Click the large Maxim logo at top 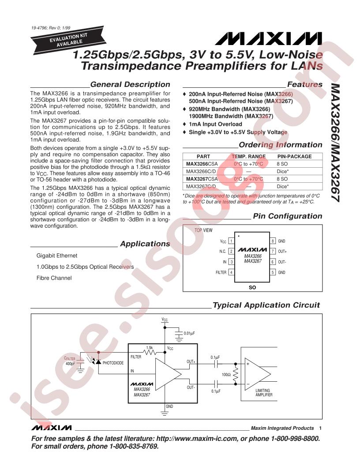(x=269, y=39)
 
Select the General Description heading (x=130, y=84)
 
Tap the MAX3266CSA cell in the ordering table (x=202, y=164)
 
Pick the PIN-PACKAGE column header (x=294, y=156)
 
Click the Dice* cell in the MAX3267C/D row (x=282, y=186)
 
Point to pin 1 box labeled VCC (x=231, y=241)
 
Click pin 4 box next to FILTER (x=231, y=272)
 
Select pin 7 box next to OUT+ (x=273, y=252)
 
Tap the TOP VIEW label (x=203, y=230)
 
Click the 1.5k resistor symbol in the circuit (x=150, y=352)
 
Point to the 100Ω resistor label (x=226, y=375)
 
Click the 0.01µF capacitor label (x=189, y=333)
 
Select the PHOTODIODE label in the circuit (x=113, y=363)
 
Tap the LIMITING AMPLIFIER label (x=264, y=393)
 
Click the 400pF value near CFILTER (x=71, y=364)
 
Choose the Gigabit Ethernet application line (x=57, y=256)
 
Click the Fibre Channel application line (x=54, y=278)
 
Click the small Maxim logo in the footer (x=51, y=428)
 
